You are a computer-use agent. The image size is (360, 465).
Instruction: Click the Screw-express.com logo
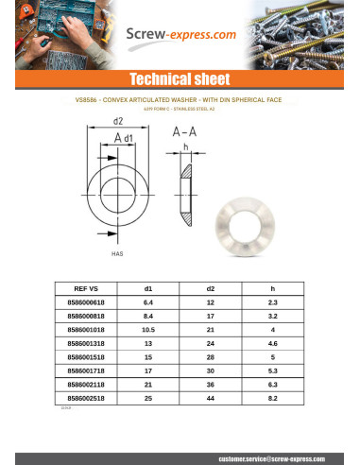182,37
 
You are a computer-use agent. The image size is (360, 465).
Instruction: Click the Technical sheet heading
180,77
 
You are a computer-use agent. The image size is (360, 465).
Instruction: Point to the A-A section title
185,134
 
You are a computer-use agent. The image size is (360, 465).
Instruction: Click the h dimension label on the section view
187,147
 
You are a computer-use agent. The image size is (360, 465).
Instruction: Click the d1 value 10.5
148,329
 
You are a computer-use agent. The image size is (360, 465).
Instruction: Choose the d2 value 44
210,400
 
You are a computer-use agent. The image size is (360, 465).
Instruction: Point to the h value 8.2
272,400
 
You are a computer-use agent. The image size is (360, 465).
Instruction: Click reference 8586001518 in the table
86,357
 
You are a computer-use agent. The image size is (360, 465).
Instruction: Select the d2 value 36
210,386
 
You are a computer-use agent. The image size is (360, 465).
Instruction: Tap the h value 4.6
272,343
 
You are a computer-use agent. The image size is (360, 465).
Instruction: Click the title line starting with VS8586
180,97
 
